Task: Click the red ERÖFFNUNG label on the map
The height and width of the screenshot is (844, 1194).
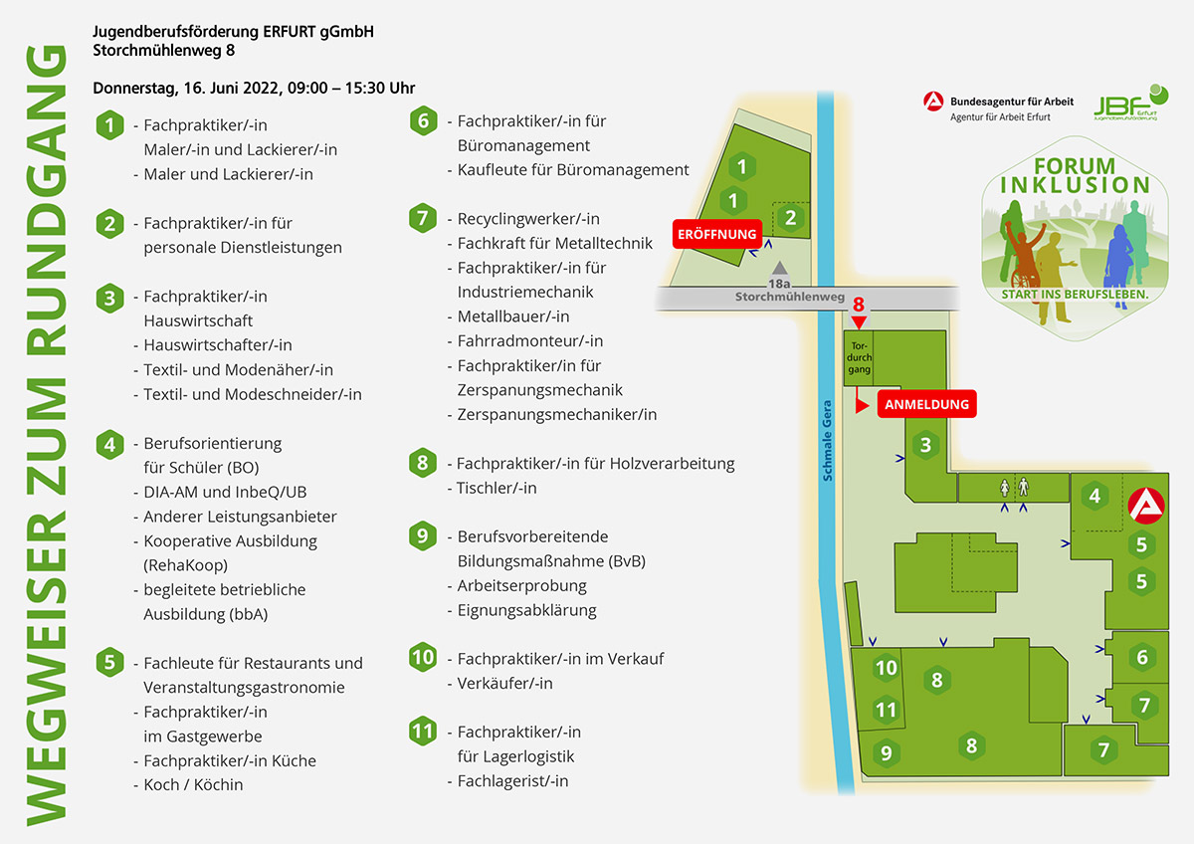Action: click(717, 234)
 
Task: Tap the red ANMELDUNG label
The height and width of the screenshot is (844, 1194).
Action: click(927, 404)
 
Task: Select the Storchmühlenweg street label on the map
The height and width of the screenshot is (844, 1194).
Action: click(789, 297)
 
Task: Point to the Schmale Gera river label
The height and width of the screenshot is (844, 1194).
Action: click(827, 440)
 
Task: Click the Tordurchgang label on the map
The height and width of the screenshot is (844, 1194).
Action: click(859, 357)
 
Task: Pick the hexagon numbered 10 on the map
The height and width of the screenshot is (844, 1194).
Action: click(886, 668)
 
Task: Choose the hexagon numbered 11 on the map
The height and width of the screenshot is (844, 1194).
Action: click(886, 710)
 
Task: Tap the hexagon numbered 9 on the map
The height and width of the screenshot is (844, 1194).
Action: click(886, 752)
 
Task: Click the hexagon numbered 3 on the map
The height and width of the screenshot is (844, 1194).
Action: click(926, 445)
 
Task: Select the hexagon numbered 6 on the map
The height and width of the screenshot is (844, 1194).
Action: click(1142, 657)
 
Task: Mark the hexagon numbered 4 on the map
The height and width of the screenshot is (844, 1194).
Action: click(1094, 496)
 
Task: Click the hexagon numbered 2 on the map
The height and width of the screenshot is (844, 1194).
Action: click(790, 218)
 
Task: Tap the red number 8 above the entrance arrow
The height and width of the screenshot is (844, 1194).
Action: click(858, 304)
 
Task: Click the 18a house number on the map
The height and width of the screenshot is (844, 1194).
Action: click(779, 284)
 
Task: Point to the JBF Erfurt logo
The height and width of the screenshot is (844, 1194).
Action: click(1130, 103)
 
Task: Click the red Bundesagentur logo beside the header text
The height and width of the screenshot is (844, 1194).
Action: click(933, 102)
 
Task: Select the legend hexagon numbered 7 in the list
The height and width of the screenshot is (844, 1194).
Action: click(423, 218)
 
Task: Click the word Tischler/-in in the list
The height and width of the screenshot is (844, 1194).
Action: click(497, 488)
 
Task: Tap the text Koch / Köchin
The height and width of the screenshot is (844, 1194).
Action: click(193, 785)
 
